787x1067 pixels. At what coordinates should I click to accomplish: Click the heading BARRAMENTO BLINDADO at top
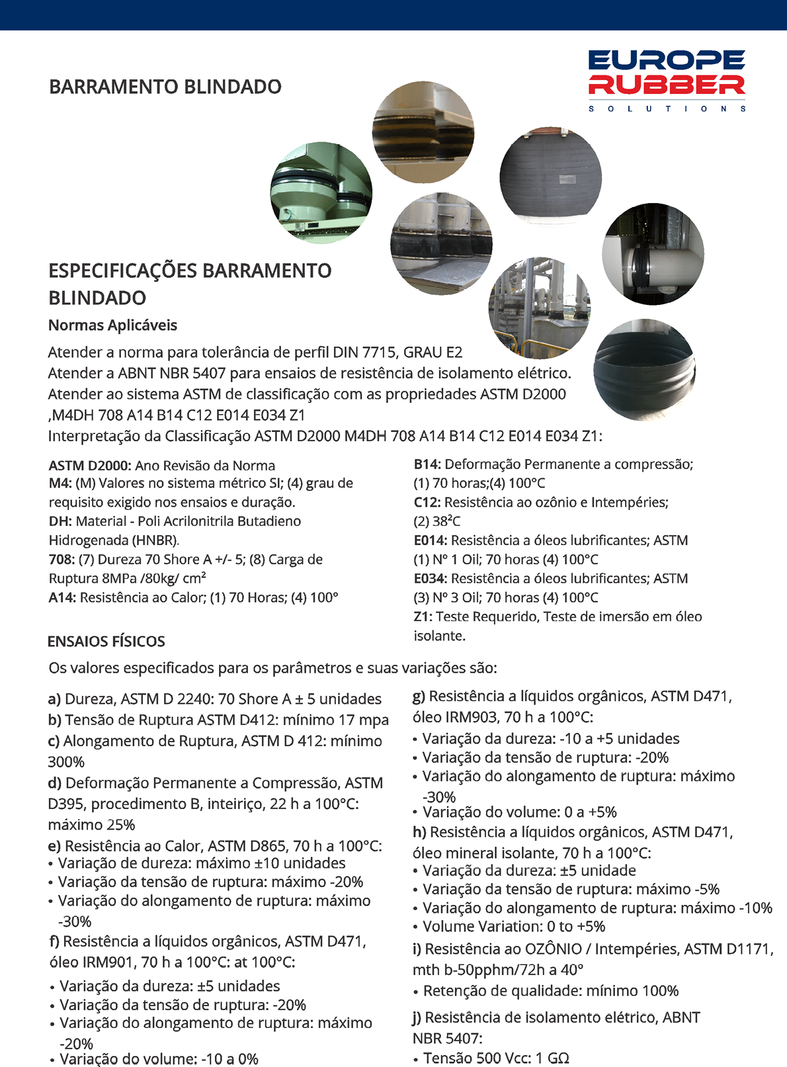pos(165,87)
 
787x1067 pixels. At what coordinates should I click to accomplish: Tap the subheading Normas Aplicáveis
pos(112,325)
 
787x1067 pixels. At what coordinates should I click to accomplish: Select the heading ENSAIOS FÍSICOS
pos(106,642)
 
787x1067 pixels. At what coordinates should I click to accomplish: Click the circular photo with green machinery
pos(321,192)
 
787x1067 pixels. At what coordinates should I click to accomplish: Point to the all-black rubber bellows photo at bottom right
pos(645,370)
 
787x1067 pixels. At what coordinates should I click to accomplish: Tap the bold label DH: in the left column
pos(60,521)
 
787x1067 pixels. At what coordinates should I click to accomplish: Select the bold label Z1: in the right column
pos(423,617)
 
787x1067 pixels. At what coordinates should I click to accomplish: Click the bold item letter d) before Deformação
pos(55,783)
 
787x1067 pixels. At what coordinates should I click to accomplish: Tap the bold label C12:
pos(427,503)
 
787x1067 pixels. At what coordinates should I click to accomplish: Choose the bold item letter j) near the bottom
pos(417,1017)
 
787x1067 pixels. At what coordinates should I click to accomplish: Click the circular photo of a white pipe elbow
pos(653,255)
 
